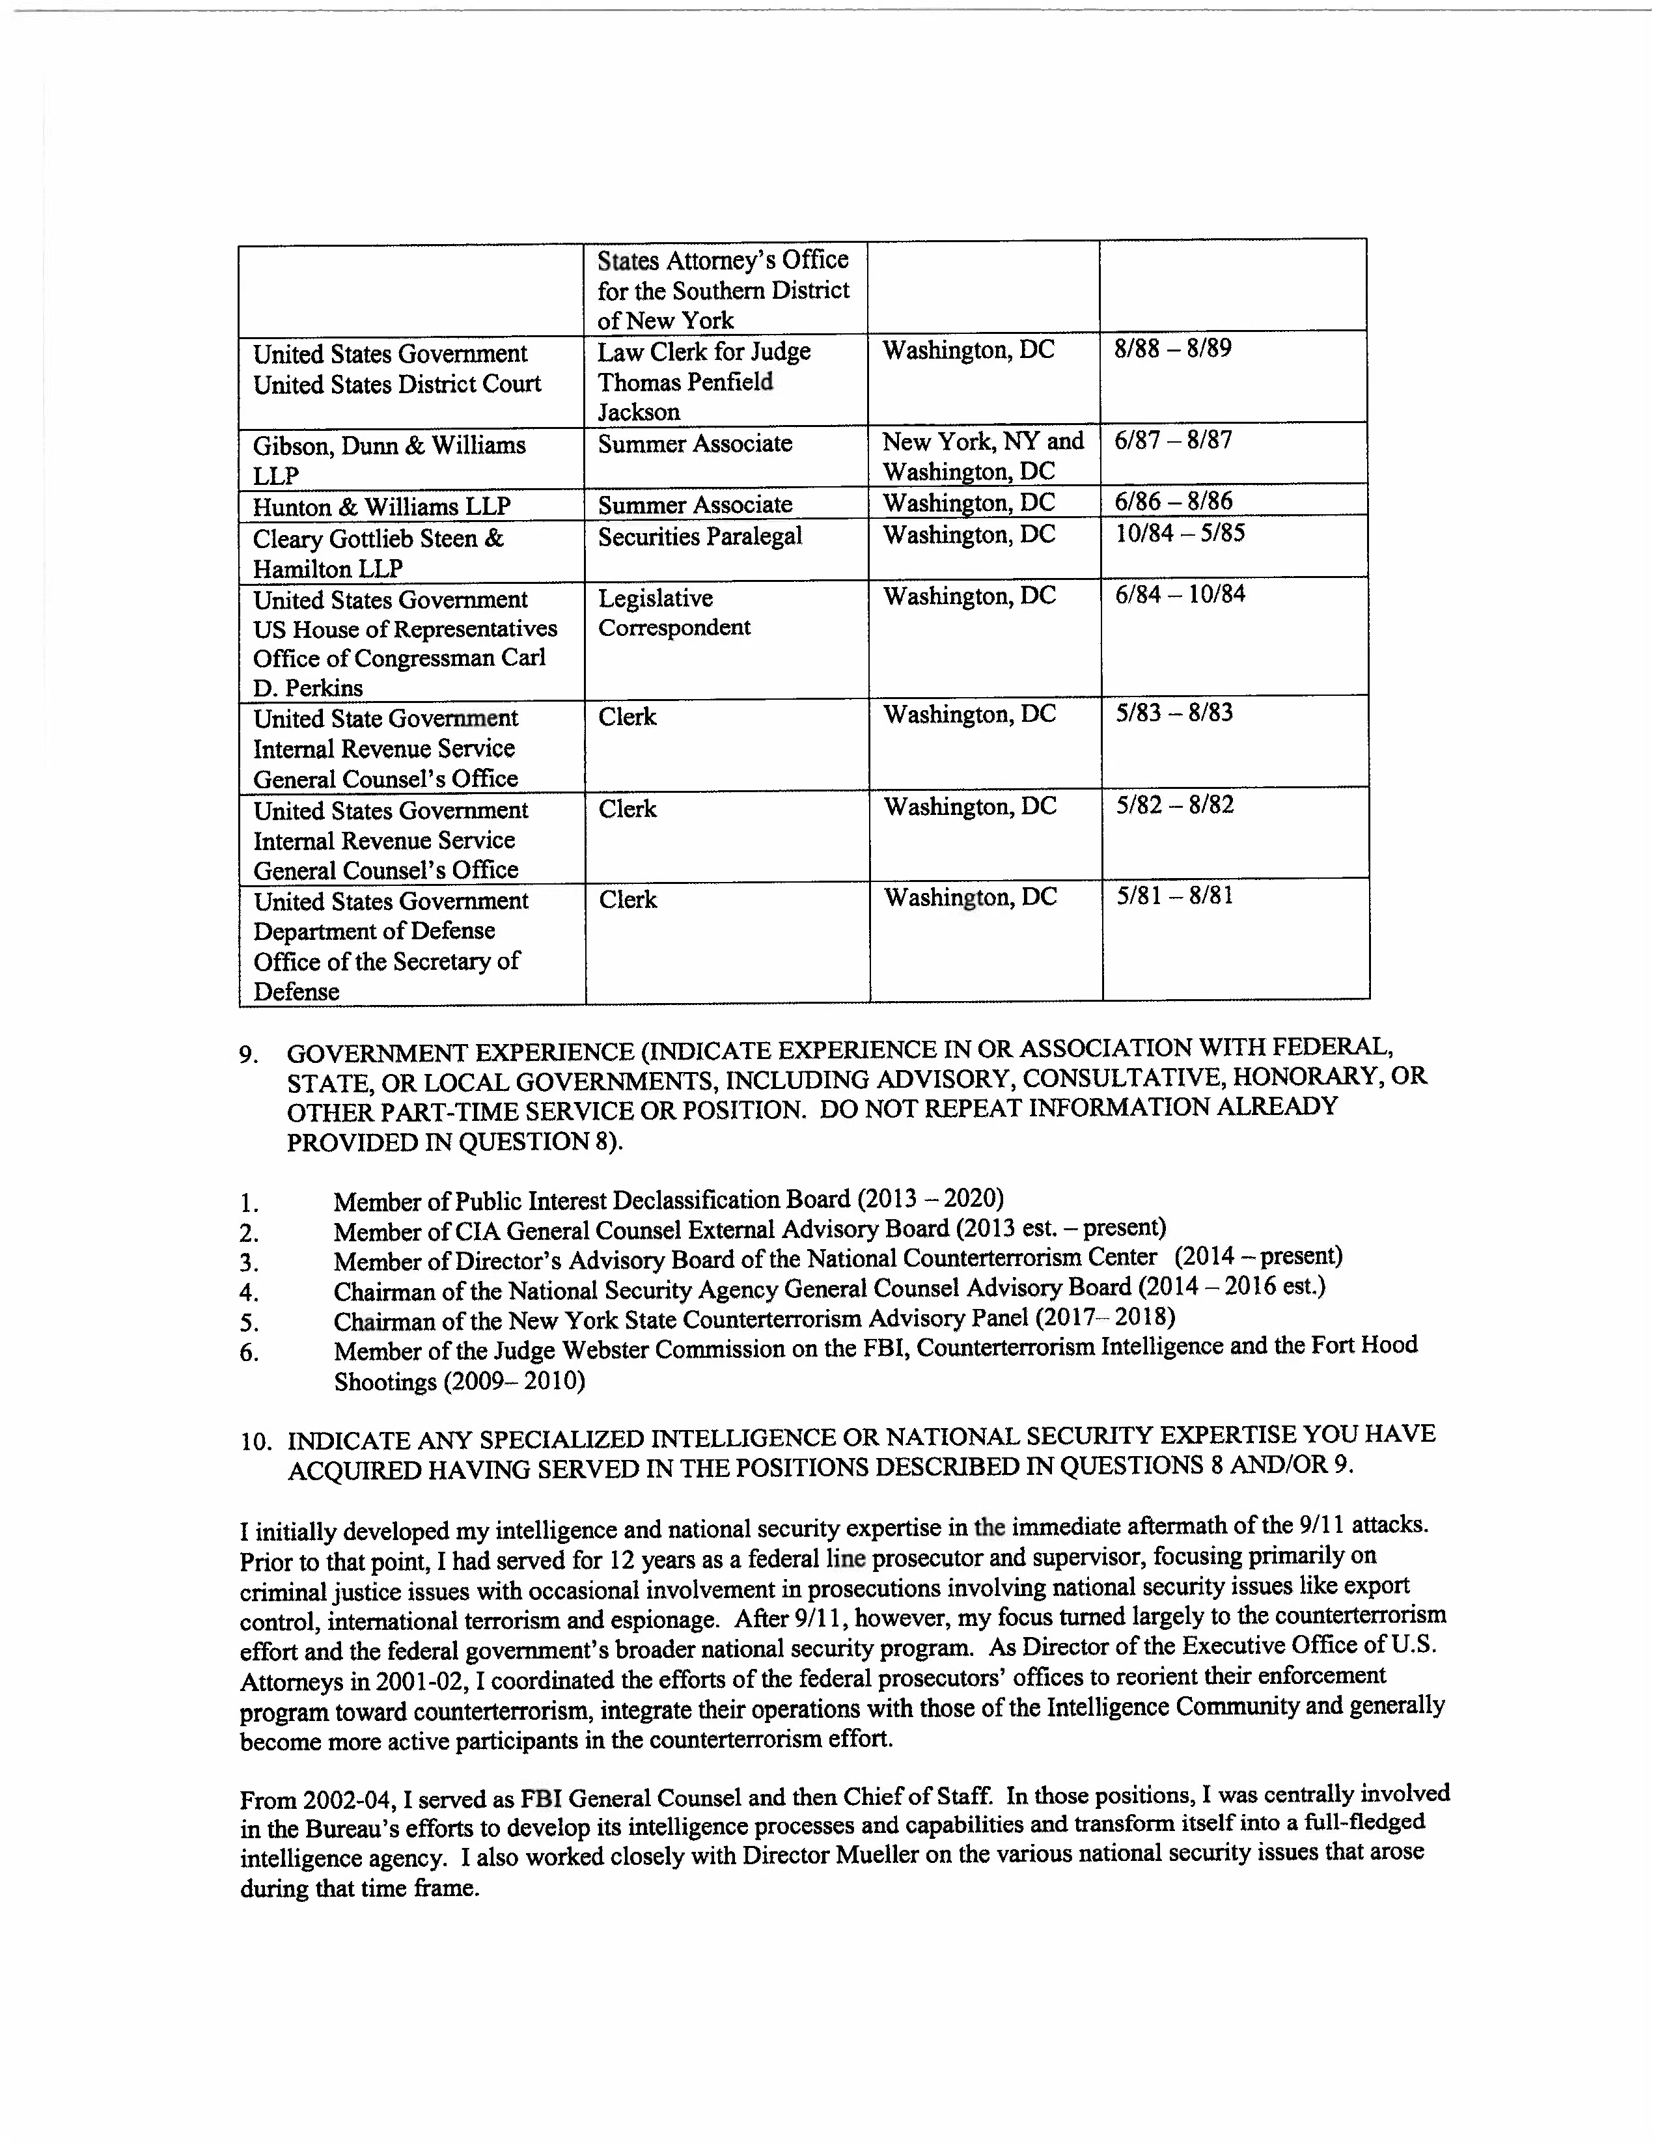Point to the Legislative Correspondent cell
674,613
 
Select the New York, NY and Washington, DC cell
982,456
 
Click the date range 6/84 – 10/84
1179,594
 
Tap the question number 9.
249,1055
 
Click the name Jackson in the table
638,412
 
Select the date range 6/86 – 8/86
1173,502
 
